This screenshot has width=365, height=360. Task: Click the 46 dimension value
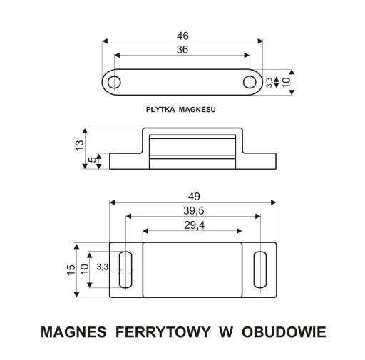[182, 36]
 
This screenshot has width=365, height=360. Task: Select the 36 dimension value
[182, 50]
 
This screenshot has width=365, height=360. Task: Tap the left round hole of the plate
[114, 82]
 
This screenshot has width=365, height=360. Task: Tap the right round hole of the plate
[250, 82]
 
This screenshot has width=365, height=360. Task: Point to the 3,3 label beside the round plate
[269, 83]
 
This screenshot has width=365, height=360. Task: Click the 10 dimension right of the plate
[287, 82]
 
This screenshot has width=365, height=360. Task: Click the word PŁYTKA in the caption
[160, 110]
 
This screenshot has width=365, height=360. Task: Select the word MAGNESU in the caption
[197, 110]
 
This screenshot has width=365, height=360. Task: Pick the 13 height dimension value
[80, 145]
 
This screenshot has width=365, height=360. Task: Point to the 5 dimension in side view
[93, 160]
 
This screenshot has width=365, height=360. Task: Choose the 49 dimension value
[194, 197]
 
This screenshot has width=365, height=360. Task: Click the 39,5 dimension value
[194, 211]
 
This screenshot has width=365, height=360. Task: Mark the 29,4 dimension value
[194, 225]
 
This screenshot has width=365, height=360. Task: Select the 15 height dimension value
[71, 269]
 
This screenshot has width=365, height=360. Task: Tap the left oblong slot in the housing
[125, 269]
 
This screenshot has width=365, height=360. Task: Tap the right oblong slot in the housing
[260, 269]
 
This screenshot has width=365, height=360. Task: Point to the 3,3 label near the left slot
[103, 267]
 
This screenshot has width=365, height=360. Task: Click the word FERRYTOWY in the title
[163, 332]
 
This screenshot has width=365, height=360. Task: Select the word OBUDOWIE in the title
[284, 332]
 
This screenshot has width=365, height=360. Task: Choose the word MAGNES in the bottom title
[73, 332]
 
